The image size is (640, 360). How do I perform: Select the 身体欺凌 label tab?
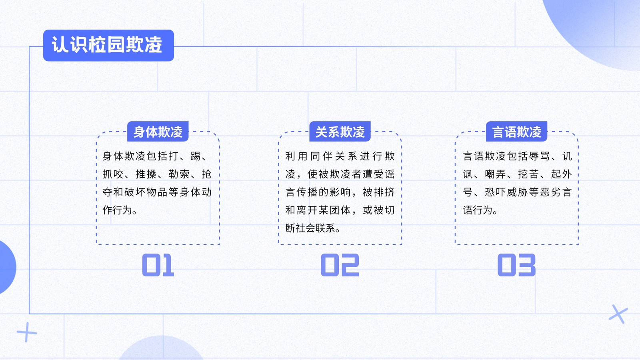pyautogui.click(x=158, y=132)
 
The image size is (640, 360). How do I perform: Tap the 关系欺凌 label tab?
pyautogui.click(x=340, y=132)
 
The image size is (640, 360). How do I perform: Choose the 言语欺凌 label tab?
pyautogui.click(x=516, y=132)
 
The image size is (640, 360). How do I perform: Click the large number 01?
pyautogui.click(x=158, y=265)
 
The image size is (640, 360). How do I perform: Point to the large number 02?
pyautogui.click(x=340, y=265)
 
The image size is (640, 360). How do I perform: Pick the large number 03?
pyautogui.click(x=516, y=265)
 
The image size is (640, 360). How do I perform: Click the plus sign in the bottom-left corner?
pyautogui.click(x=27, y=332)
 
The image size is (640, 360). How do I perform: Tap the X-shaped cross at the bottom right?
pyautogui.click(x=618, y=314)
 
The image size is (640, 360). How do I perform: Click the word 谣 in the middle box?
pyautogui.click(x=390, y=174)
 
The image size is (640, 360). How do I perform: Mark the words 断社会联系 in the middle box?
pyautogui.click(x=310, y=228)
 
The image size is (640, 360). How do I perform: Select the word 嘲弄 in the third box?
pyautogui.click(x=496, y=174)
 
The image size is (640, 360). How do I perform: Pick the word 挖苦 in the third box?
pyautogui.click(x=528, y=174)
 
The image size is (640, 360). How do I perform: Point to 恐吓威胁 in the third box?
pyautogui.click(x=506, y=192)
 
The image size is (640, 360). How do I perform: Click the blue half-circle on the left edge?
pyautogui.click(x=7, y=267)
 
